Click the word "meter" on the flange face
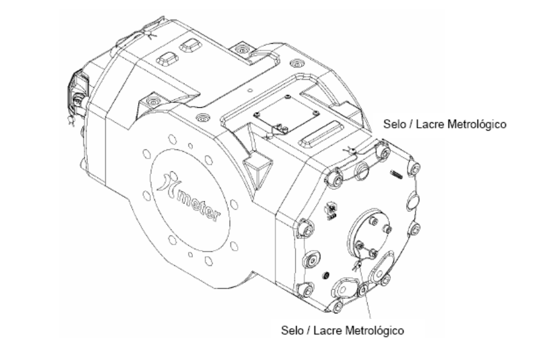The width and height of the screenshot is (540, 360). point(198,205)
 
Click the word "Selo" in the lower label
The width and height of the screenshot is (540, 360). point(292,330)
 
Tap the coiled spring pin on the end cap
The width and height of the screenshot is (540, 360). point(396,174)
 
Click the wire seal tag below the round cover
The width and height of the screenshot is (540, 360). point(356,265)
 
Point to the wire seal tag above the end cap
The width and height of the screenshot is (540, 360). point(351,150)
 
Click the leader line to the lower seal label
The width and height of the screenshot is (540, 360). point(366,292)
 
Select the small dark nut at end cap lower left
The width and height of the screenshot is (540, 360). point(326,276)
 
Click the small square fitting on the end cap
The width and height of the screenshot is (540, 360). point(332,211)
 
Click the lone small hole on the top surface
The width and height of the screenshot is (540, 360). point(251,90)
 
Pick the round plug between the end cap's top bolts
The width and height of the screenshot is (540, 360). point(362,170)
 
